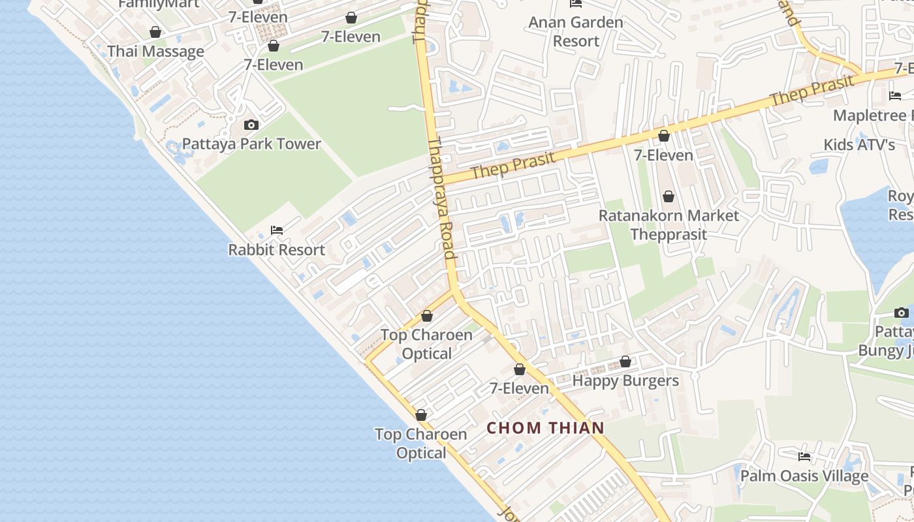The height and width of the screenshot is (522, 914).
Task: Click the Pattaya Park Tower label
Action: click(251, 144)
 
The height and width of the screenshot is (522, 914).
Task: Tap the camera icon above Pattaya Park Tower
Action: click(251, 125)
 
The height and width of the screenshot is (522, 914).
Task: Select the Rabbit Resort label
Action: click(276, 250)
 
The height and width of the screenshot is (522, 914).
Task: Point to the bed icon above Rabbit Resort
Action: click(277, 230)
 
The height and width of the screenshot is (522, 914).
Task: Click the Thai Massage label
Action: click(155, 52)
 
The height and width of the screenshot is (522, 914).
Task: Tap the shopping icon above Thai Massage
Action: click(155, 32)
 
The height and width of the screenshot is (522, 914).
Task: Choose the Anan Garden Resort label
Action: click(576, 31)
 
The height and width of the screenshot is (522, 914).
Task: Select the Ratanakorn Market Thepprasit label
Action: click(669, 224)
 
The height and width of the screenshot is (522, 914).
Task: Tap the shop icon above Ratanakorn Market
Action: click(669, 196)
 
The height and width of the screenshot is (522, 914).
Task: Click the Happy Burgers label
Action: click(625, 380)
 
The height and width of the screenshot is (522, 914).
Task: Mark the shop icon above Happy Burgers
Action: click(625, 361)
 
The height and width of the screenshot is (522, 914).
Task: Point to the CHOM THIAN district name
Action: click(545, 428)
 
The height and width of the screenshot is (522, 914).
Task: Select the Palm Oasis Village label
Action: click(804, 476)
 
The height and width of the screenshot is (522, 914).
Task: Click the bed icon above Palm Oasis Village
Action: click(804, 457)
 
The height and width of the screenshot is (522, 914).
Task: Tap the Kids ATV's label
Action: click(859, 144)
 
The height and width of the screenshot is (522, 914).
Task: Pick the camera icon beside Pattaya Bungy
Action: click(902, 313)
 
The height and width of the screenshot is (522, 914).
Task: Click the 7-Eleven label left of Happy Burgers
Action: click(520, 388)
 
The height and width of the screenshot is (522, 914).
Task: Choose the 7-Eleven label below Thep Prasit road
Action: click(663, 155)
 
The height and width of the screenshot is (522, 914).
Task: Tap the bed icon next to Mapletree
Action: click(895, 96)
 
